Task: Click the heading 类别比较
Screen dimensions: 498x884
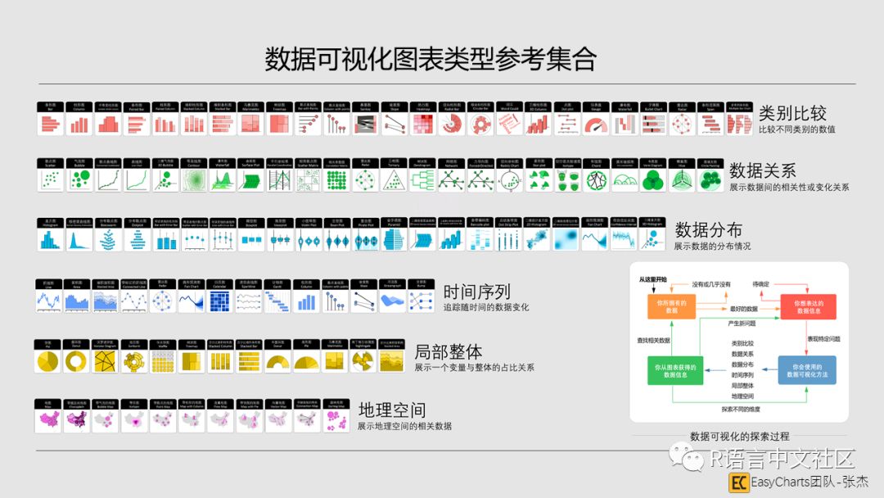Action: pos(792,113)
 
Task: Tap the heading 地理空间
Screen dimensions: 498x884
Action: pos(392,410)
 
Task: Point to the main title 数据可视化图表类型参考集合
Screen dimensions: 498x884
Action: pos(431,59)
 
